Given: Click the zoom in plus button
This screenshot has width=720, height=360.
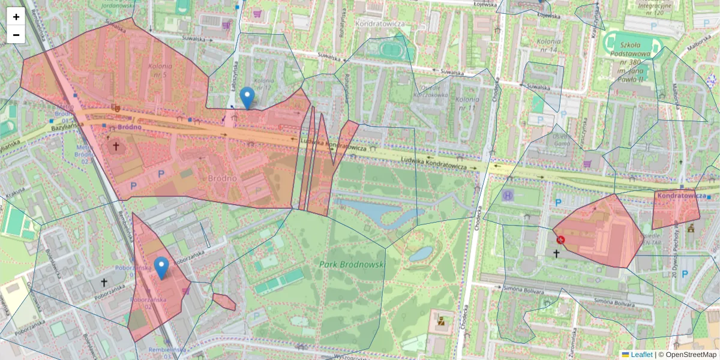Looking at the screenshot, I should pos(16,17).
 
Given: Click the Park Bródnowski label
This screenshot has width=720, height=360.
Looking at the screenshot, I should pos(352,264).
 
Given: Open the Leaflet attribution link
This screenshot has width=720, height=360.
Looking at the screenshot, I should pos(641,355).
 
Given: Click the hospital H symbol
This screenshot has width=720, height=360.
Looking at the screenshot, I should pos(508,196).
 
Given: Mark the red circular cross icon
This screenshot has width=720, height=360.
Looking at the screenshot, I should pos(561,240).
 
